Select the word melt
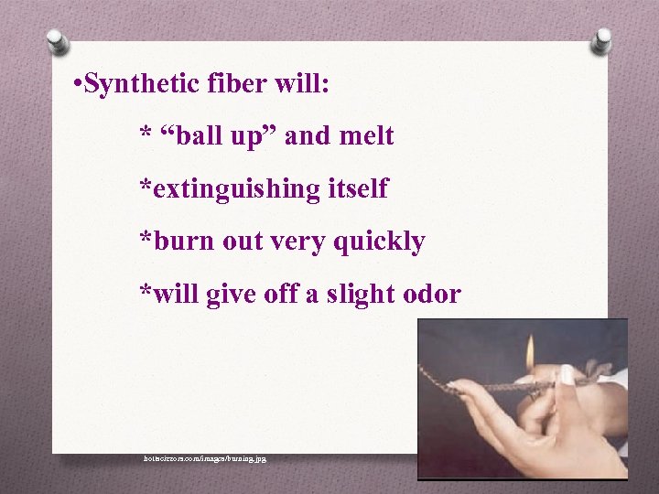pos(366,136)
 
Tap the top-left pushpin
pos(58,42)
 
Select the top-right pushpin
pos(601,40)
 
